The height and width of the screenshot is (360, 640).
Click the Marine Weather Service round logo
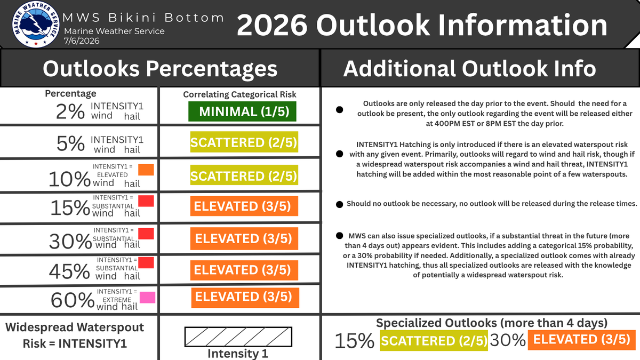[x=36, y=24]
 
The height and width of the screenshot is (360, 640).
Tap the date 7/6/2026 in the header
[x=82, y=41]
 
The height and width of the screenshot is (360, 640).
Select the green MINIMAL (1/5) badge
[x=242, y=111]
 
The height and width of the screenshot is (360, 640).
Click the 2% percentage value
[x=70, y=111]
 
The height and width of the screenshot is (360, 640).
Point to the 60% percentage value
[x=73, y=300]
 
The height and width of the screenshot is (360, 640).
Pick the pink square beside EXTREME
[x=147, y=298]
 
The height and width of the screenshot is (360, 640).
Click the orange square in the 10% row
[x=146, y=170]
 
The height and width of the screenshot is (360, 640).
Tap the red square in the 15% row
[x=146, y=201]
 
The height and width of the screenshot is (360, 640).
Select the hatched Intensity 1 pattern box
[x=238, y=337]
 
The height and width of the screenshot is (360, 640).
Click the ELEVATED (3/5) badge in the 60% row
[x=245, y=298]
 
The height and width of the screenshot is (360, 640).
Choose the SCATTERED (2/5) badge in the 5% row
[x=244, y=142]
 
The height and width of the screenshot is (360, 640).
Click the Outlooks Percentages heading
[x=160, y=69]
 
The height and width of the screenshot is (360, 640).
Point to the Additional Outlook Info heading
[x=470, y=69]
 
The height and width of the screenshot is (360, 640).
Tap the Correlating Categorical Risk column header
[x=239, y=94]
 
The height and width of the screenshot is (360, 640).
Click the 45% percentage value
[x=69, y=271]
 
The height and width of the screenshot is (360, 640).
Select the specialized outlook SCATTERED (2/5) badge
[x=434, y=340]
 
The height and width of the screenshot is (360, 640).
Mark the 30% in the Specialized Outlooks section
[x=508, y=340]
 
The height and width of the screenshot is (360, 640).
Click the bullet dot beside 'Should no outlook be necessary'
[x=339, y=205]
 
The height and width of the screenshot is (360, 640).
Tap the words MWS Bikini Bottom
[x=143, y=18]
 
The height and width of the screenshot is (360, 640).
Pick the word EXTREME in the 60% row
[x=117, y=300]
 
